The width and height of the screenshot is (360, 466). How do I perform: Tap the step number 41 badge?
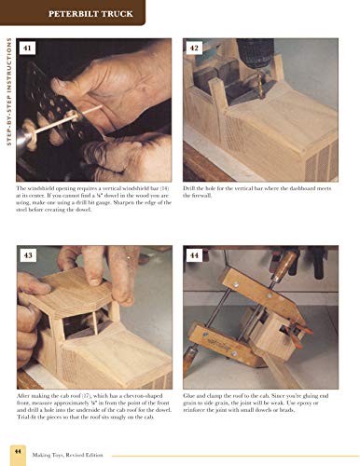click(32, 48)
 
